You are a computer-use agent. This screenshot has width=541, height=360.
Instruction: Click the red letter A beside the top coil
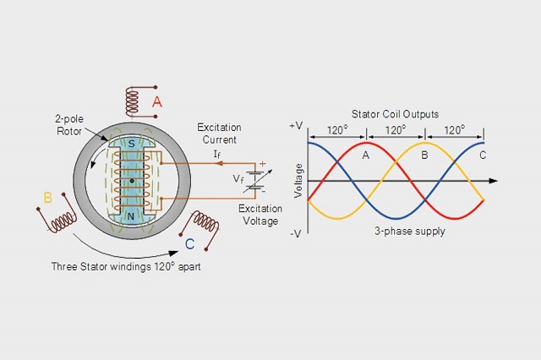point(156,102)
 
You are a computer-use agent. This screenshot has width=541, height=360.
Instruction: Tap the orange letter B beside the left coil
point(48,199)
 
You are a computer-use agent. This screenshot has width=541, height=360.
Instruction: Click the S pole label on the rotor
point(131,145)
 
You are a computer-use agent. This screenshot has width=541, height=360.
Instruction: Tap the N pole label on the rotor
point(131,215)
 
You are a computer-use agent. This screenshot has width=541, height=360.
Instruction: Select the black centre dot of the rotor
point(131,180)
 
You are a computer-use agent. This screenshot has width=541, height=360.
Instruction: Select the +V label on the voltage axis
point(296,125)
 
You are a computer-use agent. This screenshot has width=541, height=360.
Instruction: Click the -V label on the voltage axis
point(296,233)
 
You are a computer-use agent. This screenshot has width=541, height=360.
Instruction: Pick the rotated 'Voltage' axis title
point(298,180)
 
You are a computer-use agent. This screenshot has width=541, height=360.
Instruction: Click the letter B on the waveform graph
point(424,155)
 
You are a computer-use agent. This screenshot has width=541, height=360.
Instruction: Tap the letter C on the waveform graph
point(483,155)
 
